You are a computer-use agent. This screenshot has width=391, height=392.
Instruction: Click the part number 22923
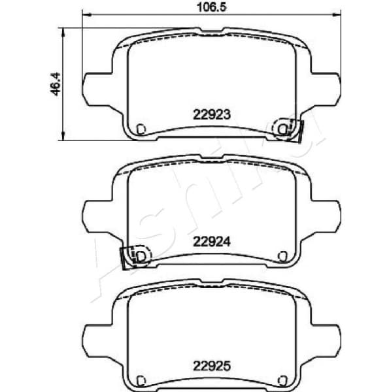click(211, 113)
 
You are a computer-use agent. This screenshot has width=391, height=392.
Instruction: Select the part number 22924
click(211, 240)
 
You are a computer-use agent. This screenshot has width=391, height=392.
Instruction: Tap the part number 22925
click(211, 366)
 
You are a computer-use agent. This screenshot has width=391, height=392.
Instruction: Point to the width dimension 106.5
click(211, 8)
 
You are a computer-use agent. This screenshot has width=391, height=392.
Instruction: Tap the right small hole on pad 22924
click(282, 255)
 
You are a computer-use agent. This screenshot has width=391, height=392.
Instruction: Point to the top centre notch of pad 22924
click(211, 157)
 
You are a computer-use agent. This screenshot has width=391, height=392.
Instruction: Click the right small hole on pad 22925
click(282, 381)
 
